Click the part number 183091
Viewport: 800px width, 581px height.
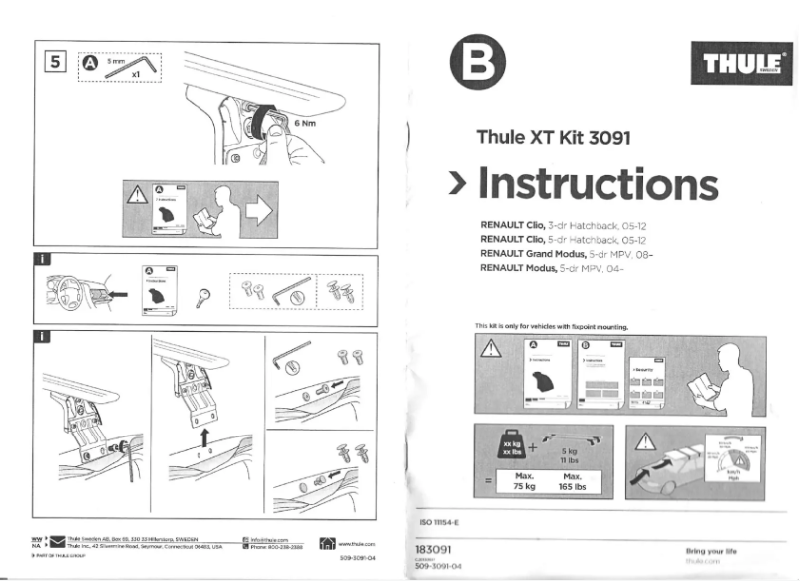coord(434,549)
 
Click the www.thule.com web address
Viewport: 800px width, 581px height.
coord(356,544)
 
